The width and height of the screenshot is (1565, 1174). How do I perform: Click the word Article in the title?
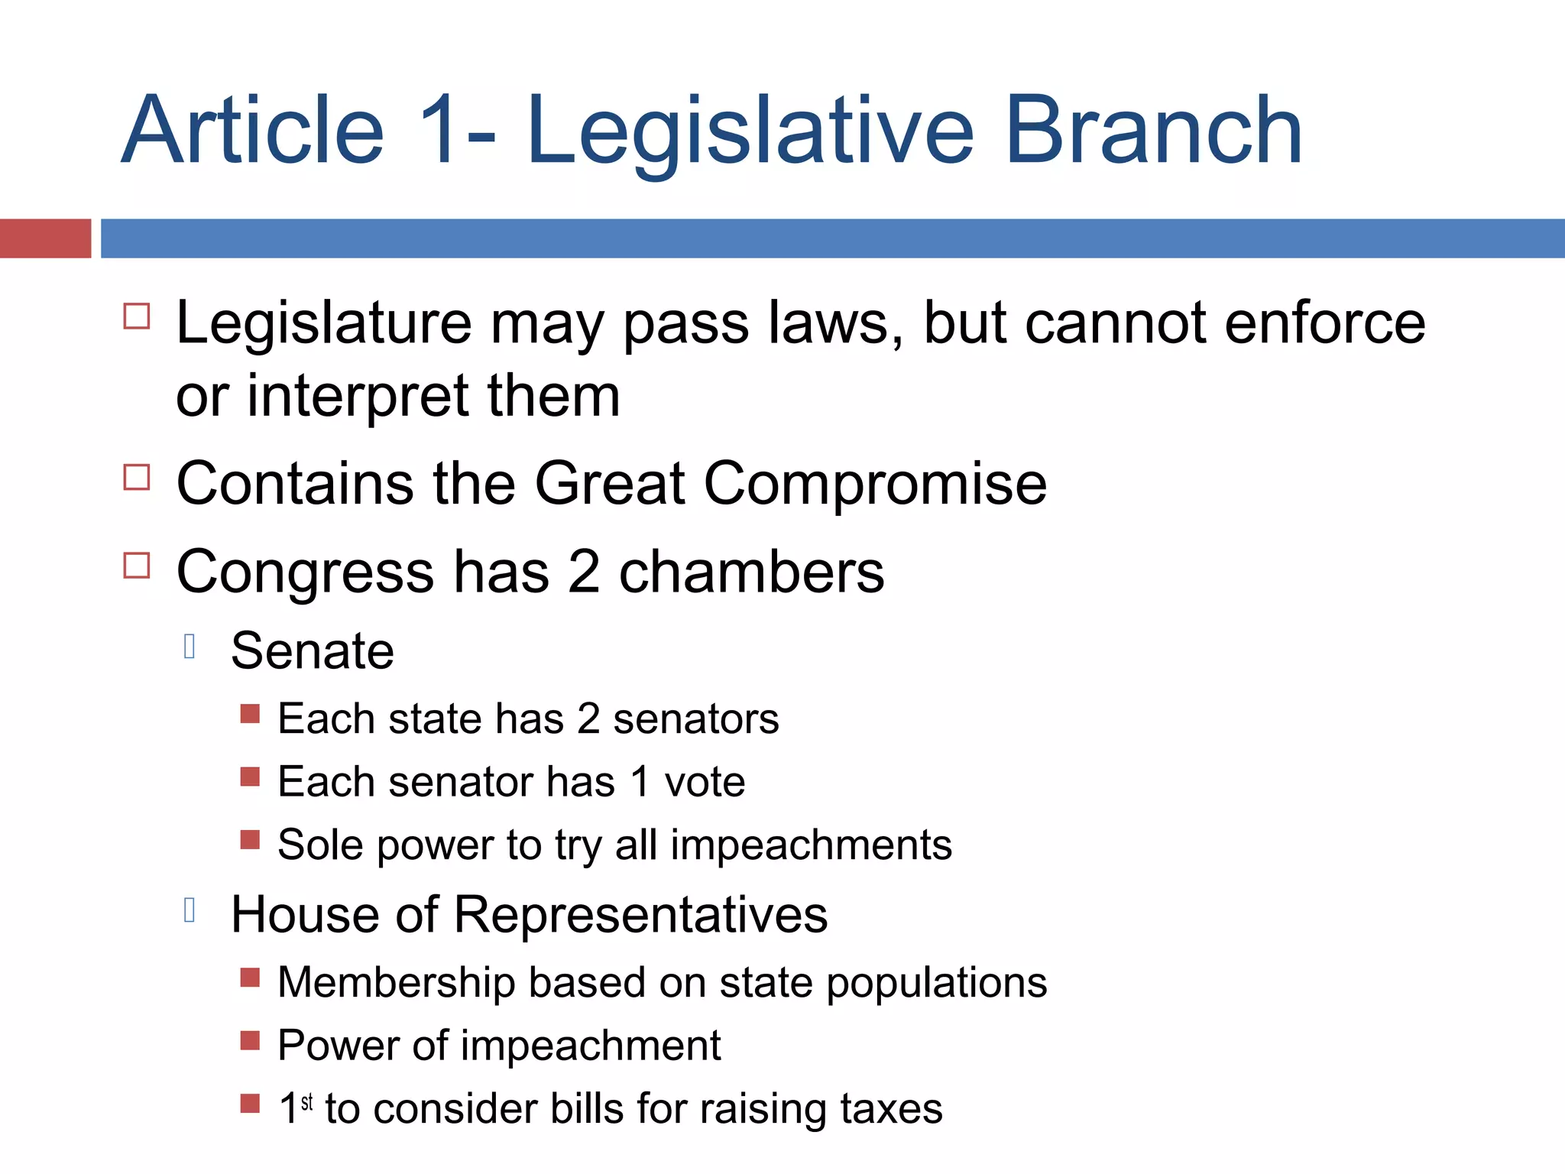point(253,130)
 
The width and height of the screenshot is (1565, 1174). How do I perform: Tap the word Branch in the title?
point(1154,130)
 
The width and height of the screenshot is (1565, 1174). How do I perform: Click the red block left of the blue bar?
point(45,238)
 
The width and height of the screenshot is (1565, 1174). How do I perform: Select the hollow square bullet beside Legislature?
point(137,316)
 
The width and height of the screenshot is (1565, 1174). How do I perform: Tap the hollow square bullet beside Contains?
point(137,477)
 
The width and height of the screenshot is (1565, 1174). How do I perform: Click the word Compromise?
point(875,485)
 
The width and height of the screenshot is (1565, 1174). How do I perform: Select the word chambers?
point(751,572)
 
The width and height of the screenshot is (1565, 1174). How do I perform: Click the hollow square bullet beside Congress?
point(137,566)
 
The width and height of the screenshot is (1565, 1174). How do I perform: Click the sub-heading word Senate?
point(313,651)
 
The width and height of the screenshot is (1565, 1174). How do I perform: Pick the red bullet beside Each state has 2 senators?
point(250,714)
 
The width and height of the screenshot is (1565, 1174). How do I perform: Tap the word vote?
point(705,783)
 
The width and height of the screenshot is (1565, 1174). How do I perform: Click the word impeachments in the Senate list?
point(812,845)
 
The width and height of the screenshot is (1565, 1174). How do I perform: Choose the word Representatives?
point(640,915)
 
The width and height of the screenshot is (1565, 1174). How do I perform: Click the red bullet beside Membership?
point(250,978)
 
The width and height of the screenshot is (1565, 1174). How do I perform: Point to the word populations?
point(937,983)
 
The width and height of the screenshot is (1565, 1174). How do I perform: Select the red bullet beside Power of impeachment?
point(250,1040)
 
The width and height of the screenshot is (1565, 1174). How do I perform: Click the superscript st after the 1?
point(307,1102)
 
